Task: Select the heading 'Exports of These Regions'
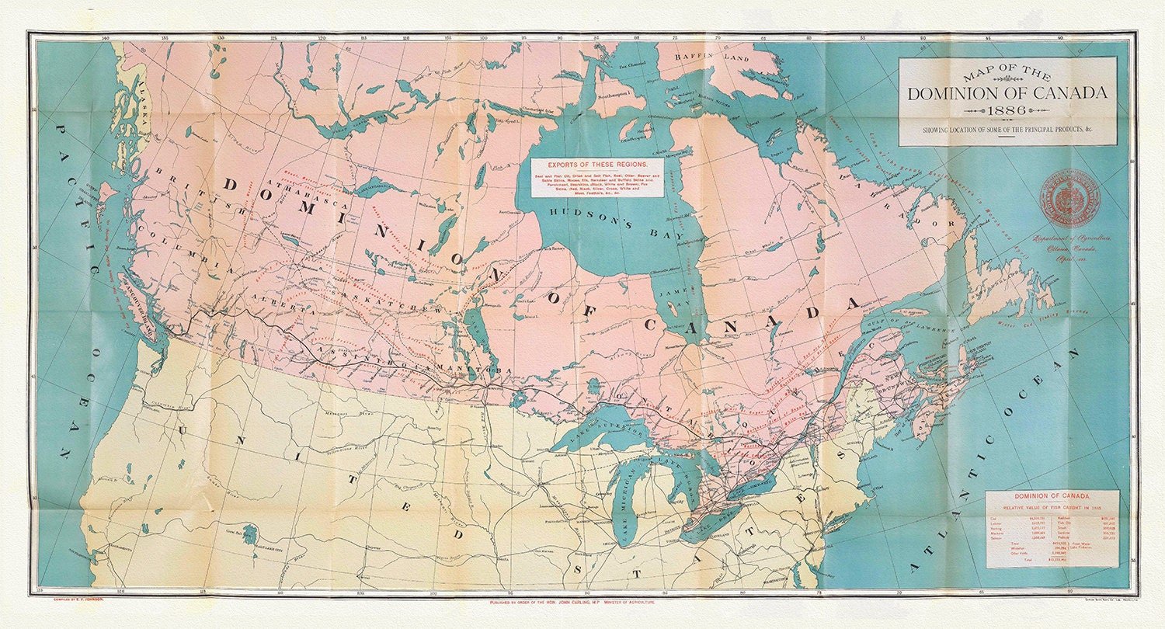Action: pos(596,165)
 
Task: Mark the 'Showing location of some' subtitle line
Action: pos(1007,129)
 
